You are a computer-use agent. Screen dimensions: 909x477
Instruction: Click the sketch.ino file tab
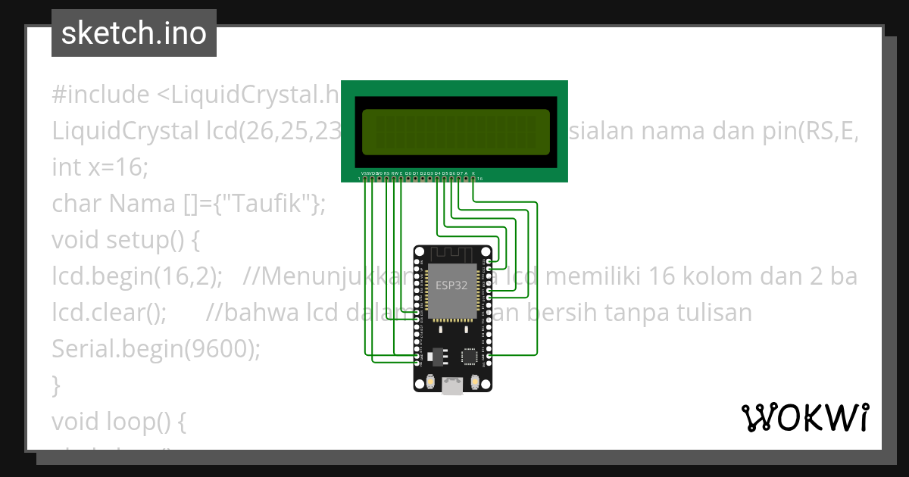[133, 33]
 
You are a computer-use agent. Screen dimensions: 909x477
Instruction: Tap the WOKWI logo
[804, 417]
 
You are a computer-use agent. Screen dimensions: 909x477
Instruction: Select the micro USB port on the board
[452, 387]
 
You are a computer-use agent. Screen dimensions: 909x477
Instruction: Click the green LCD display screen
[455, 132]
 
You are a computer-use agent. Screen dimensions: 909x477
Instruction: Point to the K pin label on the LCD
[473, 173]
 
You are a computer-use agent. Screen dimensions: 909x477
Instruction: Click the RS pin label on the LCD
[386, 173]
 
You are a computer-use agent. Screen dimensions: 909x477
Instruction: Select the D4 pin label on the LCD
[437, 173]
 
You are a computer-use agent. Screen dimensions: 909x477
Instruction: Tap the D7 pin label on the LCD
[459, 173]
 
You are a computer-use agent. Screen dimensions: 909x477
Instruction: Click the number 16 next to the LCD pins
[480, 179]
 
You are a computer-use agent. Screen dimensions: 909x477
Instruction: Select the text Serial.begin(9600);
[156, 348]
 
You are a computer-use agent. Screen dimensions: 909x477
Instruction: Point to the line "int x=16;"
[101, 167]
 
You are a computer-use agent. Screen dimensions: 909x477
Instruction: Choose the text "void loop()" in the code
[111, 421]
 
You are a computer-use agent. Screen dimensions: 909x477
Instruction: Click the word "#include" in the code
[101, 95]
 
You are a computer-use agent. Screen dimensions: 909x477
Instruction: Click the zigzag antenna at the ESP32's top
[451, 253]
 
